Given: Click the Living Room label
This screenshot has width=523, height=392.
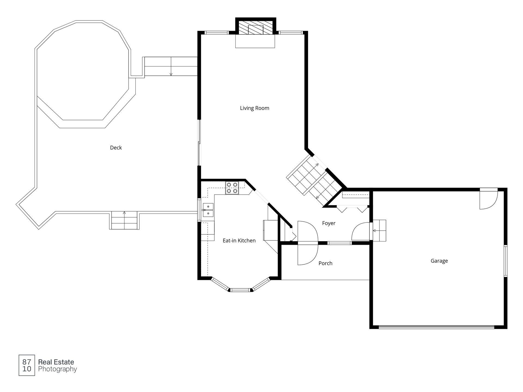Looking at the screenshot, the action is pyautogui.click(x=254, y=108).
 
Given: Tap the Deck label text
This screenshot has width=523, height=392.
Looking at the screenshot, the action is pyautogui.click(x=116, y=148).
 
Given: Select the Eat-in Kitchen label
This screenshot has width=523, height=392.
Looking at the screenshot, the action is pyautogui.click(x=239, y=240).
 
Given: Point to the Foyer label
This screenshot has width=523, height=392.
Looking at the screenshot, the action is pyautogui.click(x=329, y=223).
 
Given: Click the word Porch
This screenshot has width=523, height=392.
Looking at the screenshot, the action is pyautogui.click(x=325, y=263).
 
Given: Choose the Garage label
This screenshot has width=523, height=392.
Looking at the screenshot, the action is pyautogui.click(x=439, y=261).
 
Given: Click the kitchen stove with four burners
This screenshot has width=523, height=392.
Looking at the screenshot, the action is pyautogui.click(x=232, y=188).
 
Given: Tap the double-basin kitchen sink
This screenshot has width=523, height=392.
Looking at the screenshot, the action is pyautogui.click(x=208, y=210).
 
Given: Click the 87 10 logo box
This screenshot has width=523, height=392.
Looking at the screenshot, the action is pyautogui.click(x=27, y=365).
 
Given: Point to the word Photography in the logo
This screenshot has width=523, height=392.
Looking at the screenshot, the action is pyautogui.click(x=57, y=369).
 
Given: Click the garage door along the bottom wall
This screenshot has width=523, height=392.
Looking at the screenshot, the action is pyautogui.click(x=436, y=327).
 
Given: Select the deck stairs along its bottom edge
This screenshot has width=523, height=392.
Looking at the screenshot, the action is pyautogui.click(x=124, y=220).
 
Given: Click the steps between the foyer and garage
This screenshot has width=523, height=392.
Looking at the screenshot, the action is pyautogui.click(x=379, y=231).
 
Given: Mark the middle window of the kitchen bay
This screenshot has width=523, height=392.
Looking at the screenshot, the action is pyautogui.click(x=240, y=290).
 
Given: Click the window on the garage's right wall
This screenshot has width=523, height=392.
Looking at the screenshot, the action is pyautogui.click(x=505, y=261).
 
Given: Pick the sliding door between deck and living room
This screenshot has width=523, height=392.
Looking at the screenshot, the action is pyautogui.click(x=199, y=143).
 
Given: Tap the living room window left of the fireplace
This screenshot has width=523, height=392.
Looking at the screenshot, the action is pyautogui.click(x=216, y=33).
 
